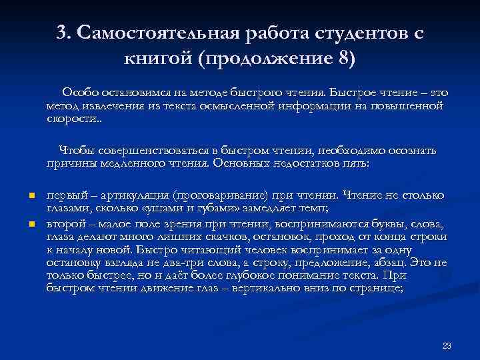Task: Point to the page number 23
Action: click(447, 345)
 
